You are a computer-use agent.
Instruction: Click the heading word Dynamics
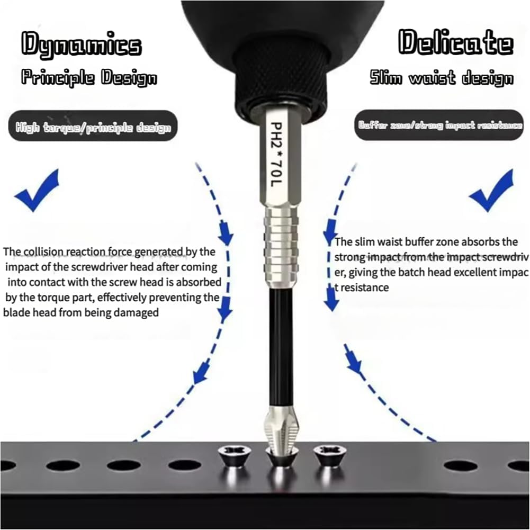point(82,44)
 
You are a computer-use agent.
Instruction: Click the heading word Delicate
point(456,42)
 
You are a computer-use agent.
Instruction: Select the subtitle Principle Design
point(89,78)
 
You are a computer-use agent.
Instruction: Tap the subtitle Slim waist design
point(441,78)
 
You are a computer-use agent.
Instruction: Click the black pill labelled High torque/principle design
point(93,127)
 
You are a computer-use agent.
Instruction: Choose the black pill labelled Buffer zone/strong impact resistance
point(439,125)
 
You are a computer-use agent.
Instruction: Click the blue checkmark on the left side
point(37,192)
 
